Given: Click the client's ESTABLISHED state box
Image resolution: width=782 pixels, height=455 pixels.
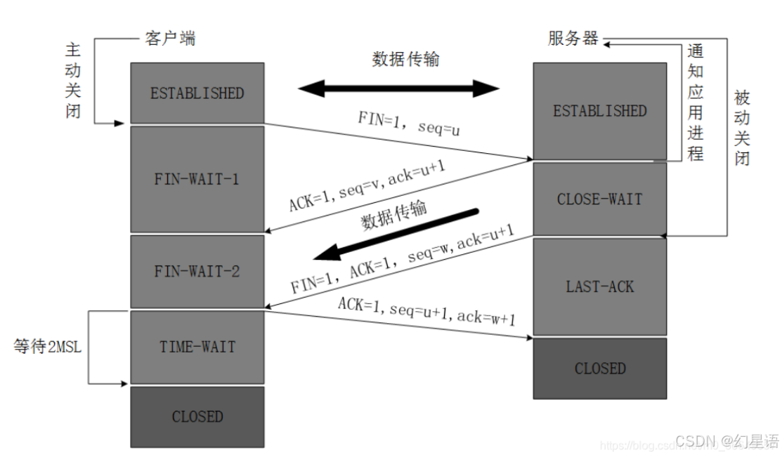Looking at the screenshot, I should [197, 93].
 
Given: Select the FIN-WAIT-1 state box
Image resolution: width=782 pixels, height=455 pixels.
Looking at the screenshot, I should [197, 179].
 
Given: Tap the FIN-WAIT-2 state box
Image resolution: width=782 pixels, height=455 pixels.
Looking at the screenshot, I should [197, 271].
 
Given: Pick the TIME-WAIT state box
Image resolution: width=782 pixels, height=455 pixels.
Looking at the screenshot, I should [197, 347].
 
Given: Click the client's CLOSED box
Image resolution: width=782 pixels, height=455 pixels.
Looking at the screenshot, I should [197, 416].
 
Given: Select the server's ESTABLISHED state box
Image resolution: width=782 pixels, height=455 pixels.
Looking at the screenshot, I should [599, 111].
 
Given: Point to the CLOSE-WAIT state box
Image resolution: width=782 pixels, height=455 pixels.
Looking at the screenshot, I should [599, 199].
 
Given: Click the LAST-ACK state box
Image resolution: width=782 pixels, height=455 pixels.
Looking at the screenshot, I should [599, 286].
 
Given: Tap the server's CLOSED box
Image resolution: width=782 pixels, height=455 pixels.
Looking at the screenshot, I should [599, 368].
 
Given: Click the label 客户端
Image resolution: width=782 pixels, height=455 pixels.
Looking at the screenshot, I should [170, 38].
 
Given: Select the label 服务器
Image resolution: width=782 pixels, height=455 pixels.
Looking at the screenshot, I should [573, 38].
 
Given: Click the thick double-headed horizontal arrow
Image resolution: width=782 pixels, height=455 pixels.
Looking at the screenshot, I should [398, 88].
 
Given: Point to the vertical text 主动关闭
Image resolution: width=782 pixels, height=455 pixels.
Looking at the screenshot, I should [73, 81].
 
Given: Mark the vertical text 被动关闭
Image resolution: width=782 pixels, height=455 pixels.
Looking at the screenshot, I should [742, 127].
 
